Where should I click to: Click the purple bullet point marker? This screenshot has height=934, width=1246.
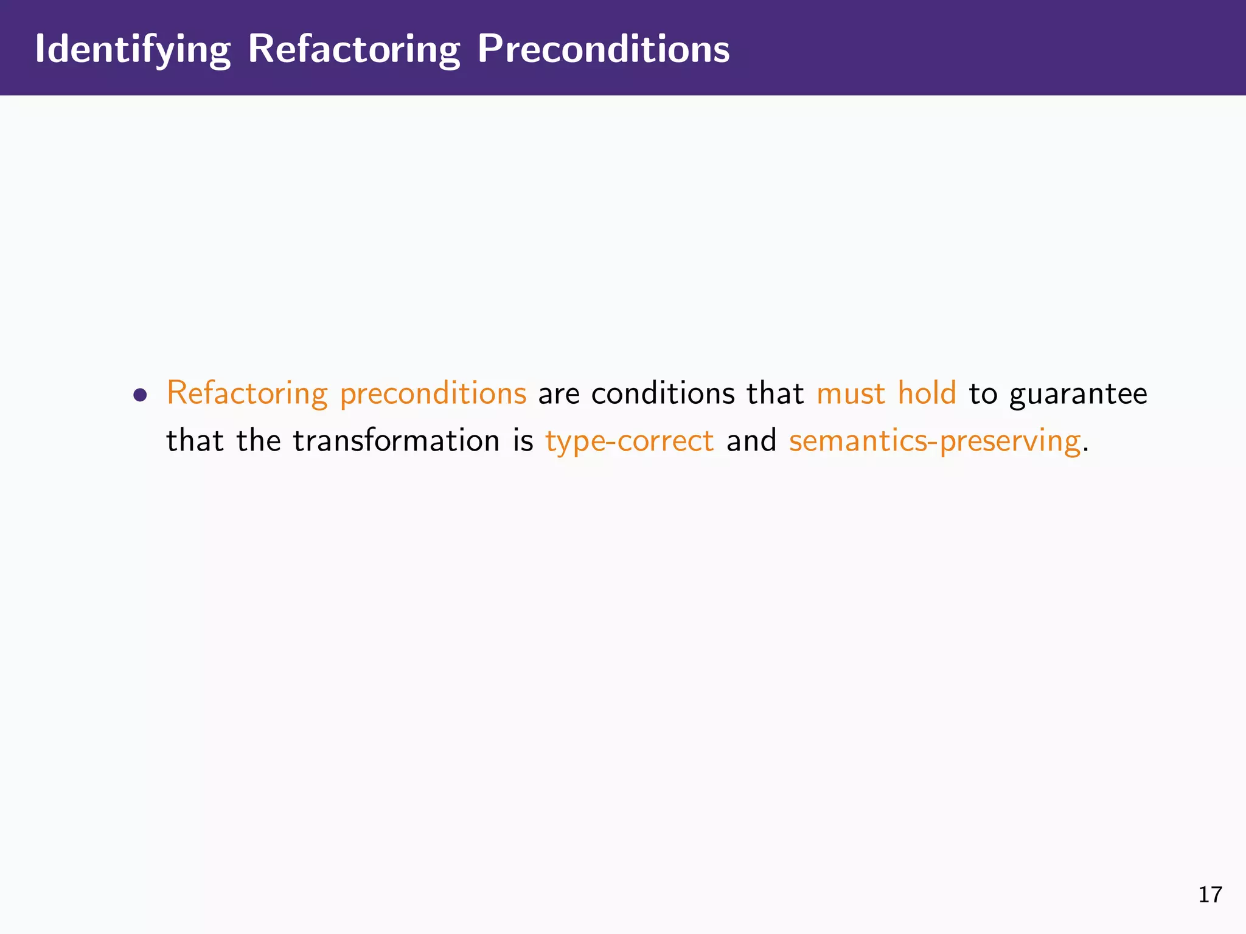click(x=141, y=395)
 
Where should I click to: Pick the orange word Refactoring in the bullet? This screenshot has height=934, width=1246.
click(x=247, y=393)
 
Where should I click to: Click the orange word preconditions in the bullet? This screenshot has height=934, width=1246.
click(x=433, y=393)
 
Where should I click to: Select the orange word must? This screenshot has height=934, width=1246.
click(x=851, y=393)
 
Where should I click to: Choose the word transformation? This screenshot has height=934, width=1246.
click(x=396, y=441)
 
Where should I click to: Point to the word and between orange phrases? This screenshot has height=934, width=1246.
click(x=751, y=441)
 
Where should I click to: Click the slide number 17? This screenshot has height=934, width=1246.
click(x=1209, y=895)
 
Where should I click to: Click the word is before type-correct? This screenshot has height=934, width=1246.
click(x=523, y=441)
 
